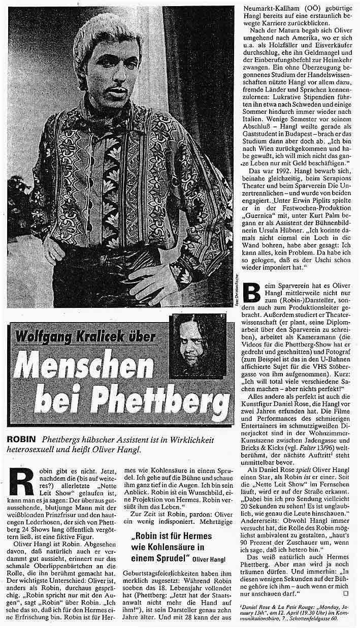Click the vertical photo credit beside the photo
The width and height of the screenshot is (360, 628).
(x=237, y=290)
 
